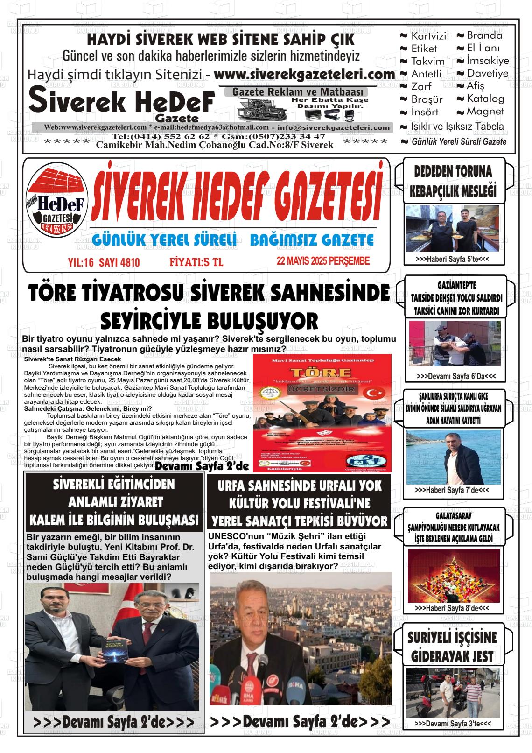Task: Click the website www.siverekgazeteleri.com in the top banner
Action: coord(304,75)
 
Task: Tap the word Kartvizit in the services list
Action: coord(430,36)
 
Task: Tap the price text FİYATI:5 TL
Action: coord(196,263)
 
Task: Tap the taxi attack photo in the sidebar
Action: coord(451,344)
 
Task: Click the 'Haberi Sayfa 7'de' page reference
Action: coord(452,491)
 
